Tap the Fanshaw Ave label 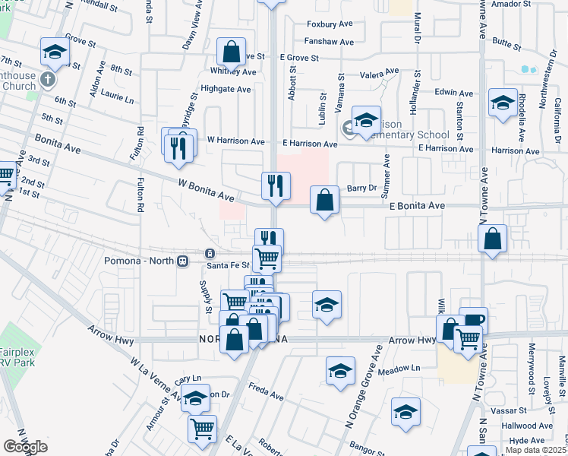329,42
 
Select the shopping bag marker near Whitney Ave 231,53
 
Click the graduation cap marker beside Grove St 55,52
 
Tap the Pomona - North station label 139,261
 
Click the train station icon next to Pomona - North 182,261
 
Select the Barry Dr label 361,188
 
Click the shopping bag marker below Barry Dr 324,201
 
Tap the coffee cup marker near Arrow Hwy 473,321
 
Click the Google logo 25,446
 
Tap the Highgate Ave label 226,89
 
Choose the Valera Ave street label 380,74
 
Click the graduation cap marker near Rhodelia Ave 503,103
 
